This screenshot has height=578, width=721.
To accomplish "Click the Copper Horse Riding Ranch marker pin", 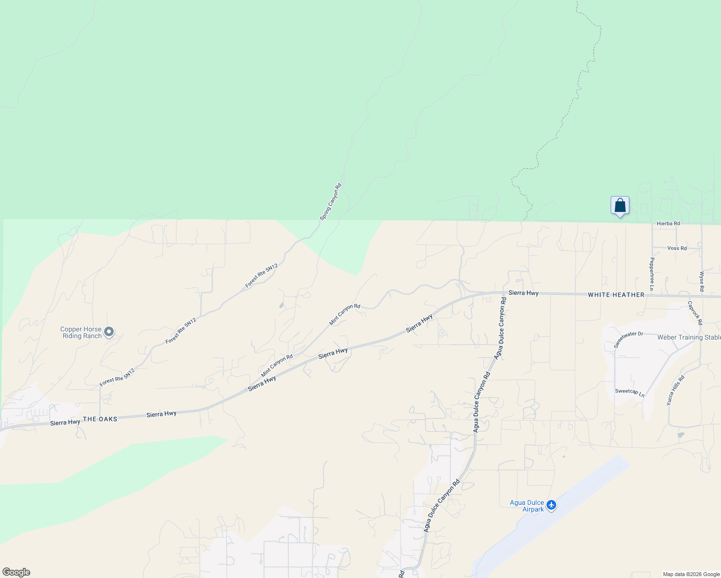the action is coord(109,331).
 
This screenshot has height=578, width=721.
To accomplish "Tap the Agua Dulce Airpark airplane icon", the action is coord(551,505).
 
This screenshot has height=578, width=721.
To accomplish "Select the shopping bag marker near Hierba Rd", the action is coord(620,206).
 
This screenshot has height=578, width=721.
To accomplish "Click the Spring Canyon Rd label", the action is coord(331,202).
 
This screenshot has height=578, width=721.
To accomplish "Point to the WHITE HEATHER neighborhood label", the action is coord(616,295).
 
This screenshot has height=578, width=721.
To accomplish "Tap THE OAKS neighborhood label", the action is coord(100,419).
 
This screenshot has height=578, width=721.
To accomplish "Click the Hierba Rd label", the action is coord(668,223).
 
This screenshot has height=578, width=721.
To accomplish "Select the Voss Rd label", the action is coord(677,248).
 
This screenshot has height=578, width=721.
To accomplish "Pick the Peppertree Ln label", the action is coord(652,274).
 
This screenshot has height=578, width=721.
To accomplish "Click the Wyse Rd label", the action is coord(702,281).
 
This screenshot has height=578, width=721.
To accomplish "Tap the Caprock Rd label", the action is coord(695,313).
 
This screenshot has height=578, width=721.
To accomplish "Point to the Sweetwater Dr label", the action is coord(628,340).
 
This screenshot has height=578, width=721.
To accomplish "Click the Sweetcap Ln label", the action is coord(629,392).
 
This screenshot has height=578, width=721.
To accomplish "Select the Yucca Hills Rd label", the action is coord(675,390).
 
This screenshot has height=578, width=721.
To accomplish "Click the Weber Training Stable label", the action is coord(689,337).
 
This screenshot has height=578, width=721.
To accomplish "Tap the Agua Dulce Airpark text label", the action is coord(527,506).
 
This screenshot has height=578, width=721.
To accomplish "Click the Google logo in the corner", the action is coord(16,572).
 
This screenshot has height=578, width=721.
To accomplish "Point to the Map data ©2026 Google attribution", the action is coord(691,574).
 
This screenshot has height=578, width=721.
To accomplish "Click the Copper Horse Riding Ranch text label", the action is coord(81,332).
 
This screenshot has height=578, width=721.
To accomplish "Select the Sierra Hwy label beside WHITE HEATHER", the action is coord(523,293).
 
